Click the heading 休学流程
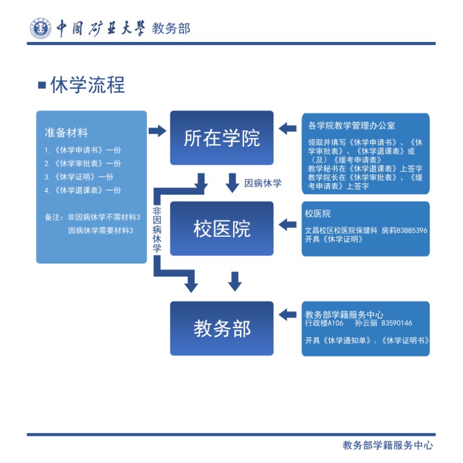(x=88, y=85)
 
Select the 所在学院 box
(x=221, y=138)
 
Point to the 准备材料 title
(x=66, y=133)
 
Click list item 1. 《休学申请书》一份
(x=83, y=150)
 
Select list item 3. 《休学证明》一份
(x=79, y=177)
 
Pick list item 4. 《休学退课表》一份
(x=83, y=190)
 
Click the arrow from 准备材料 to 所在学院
(x=157, y=131)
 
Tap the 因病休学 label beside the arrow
(x=263, y=184)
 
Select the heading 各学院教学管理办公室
(x=351, y=126)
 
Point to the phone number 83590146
(x=397, y=323)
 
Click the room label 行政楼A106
(x=324, y=323)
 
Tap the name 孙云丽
(x=366, y=323)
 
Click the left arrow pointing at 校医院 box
(x=287, y=224)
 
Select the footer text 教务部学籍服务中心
(x=388, y=445)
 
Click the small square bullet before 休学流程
(x=42, y=85)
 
